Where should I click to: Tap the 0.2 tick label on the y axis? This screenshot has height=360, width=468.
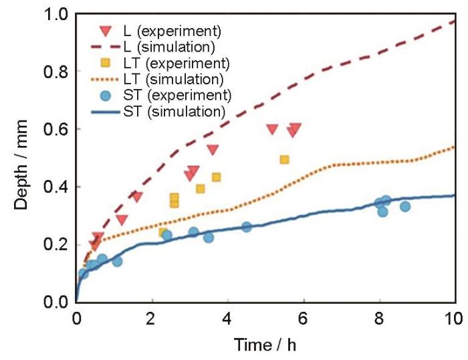[58, 244]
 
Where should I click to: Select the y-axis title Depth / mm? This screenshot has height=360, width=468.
[21, 159]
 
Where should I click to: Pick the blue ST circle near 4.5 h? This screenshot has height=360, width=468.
[247, 227]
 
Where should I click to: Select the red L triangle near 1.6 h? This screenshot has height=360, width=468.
[136, 197]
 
